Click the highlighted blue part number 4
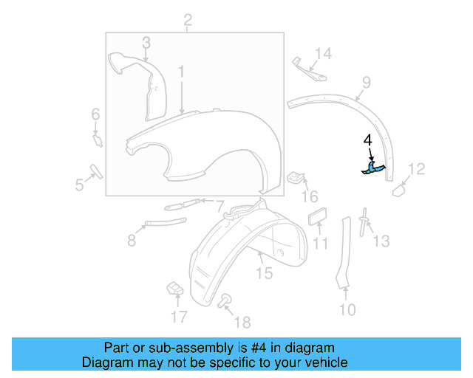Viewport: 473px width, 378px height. coord(374,170)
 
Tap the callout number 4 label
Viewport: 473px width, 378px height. coord(367,140)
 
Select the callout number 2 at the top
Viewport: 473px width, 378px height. coord(188,20)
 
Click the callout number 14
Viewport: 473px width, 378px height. coord(324,53)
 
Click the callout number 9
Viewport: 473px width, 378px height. coord(365,82)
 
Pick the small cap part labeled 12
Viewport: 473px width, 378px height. coord(399,189)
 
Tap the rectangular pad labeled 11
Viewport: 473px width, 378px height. coord(318,220)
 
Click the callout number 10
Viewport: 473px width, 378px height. coord(347,309)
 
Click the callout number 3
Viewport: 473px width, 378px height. coord(146,43)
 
